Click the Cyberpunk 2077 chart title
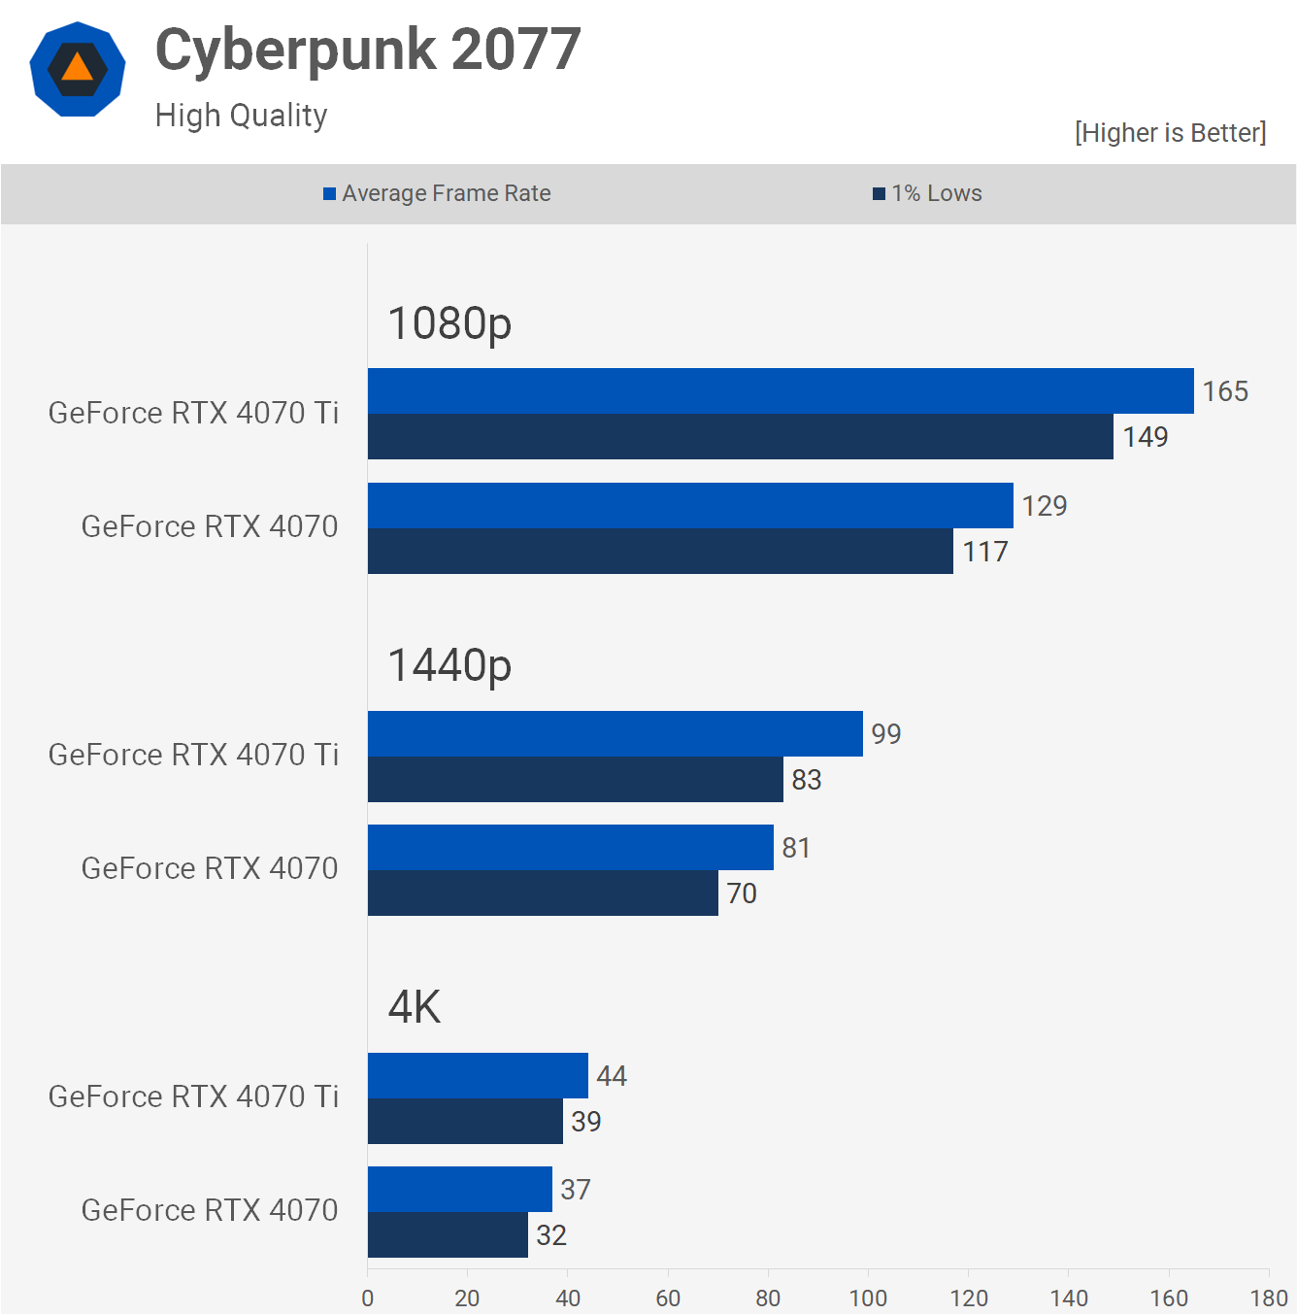[x=368, y=51]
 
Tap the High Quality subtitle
[x=241, y=116]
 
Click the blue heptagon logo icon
[x=78, y=70]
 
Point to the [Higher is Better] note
[x=1170, y=133]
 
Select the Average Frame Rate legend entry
[x=437, y=193]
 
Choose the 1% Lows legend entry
[x=927, y=193]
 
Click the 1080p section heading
[x=449, y=323]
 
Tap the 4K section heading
[x=415, y=1007]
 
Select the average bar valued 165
[x=781, y=391]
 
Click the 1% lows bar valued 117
[x=660, y=552]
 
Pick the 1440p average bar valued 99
[x=615, y=734]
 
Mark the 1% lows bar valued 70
[x=543, y=894]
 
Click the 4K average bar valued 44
[x=478, y=1076]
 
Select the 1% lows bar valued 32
[x=448, y=1235]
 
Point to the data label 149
[x=1146, y=437]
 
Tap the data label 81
[x=796, y=848]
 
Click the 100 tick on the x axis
[x=868, y=1298]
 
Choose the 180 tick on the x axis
[x=1268, y=1298]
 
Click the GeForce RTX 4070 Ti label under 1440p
[x=193, y=755]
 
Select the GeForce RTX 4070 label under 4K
[x=210, y=1210]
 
